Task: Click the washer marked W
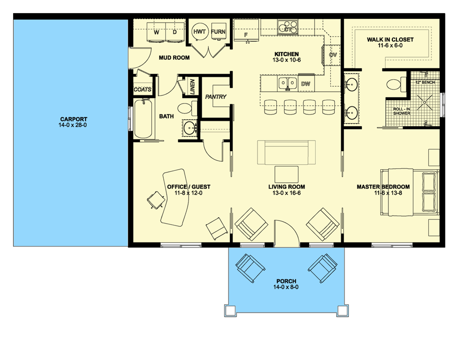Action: pos(156,32)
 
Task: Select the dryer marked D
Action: pos(175,32)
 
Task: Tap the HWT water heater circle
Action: pos(200,31)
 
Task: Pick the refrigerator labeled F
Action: pos(246,31)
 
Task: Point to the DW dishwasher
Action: pos(305,84)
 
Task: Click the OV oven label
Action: pos(332,55)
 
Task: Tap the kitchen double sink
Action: pos(287,84)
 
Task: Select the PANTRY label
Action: pos(216,97)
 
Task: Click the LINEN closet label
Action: pos(192,86)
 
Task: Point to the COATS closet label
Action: pos(143,90)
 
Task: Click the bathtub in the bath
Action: pos(143,119)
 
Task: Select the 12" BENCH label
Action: pos(425,82)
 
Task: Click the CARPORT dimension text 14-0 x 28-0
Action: pos(72,125)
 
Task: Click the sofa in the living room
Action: pos(286,152)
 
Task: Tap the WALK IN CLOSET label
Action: pos(390,40)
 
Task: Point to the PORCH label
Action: pos(286,281)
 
